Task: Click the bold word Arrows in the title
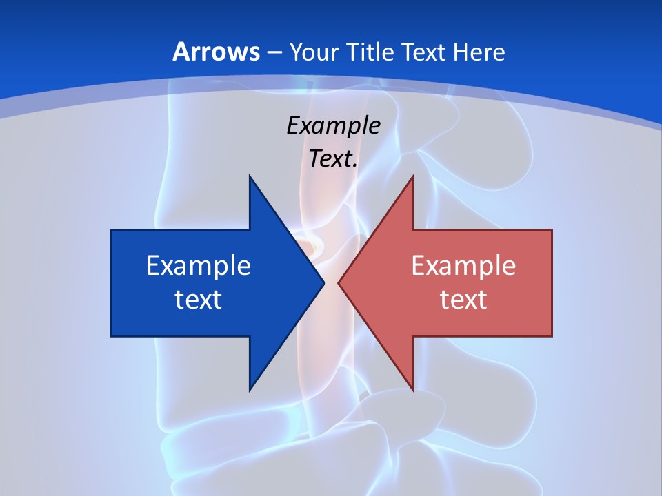click(216, 52)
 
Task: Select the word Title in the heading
click(370, 52)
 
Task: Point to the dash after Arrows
click(273, 52)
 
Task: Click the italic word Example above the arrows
click(334, 125)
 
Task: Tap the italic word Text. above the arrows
click(334, 158)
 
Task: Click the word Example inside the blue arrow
click(199, 265)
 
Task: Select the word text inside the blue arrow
click(199, 299)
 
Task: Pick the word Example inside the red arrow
click(463, 265)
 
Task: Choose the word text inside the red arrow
click(463, 299)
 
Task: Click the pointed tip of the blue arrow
click(323, 283)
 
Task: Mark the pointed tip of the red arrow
click(339, 283)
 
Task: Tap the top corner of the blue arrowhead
click(250, 176)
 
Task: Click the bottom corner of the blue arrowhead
click(250, 390)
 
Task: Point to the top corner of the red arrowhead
click(412, 176)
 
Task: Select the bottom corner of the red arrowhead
click(412, 390)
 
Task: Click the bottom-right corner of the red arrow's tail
click(552, 335)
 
